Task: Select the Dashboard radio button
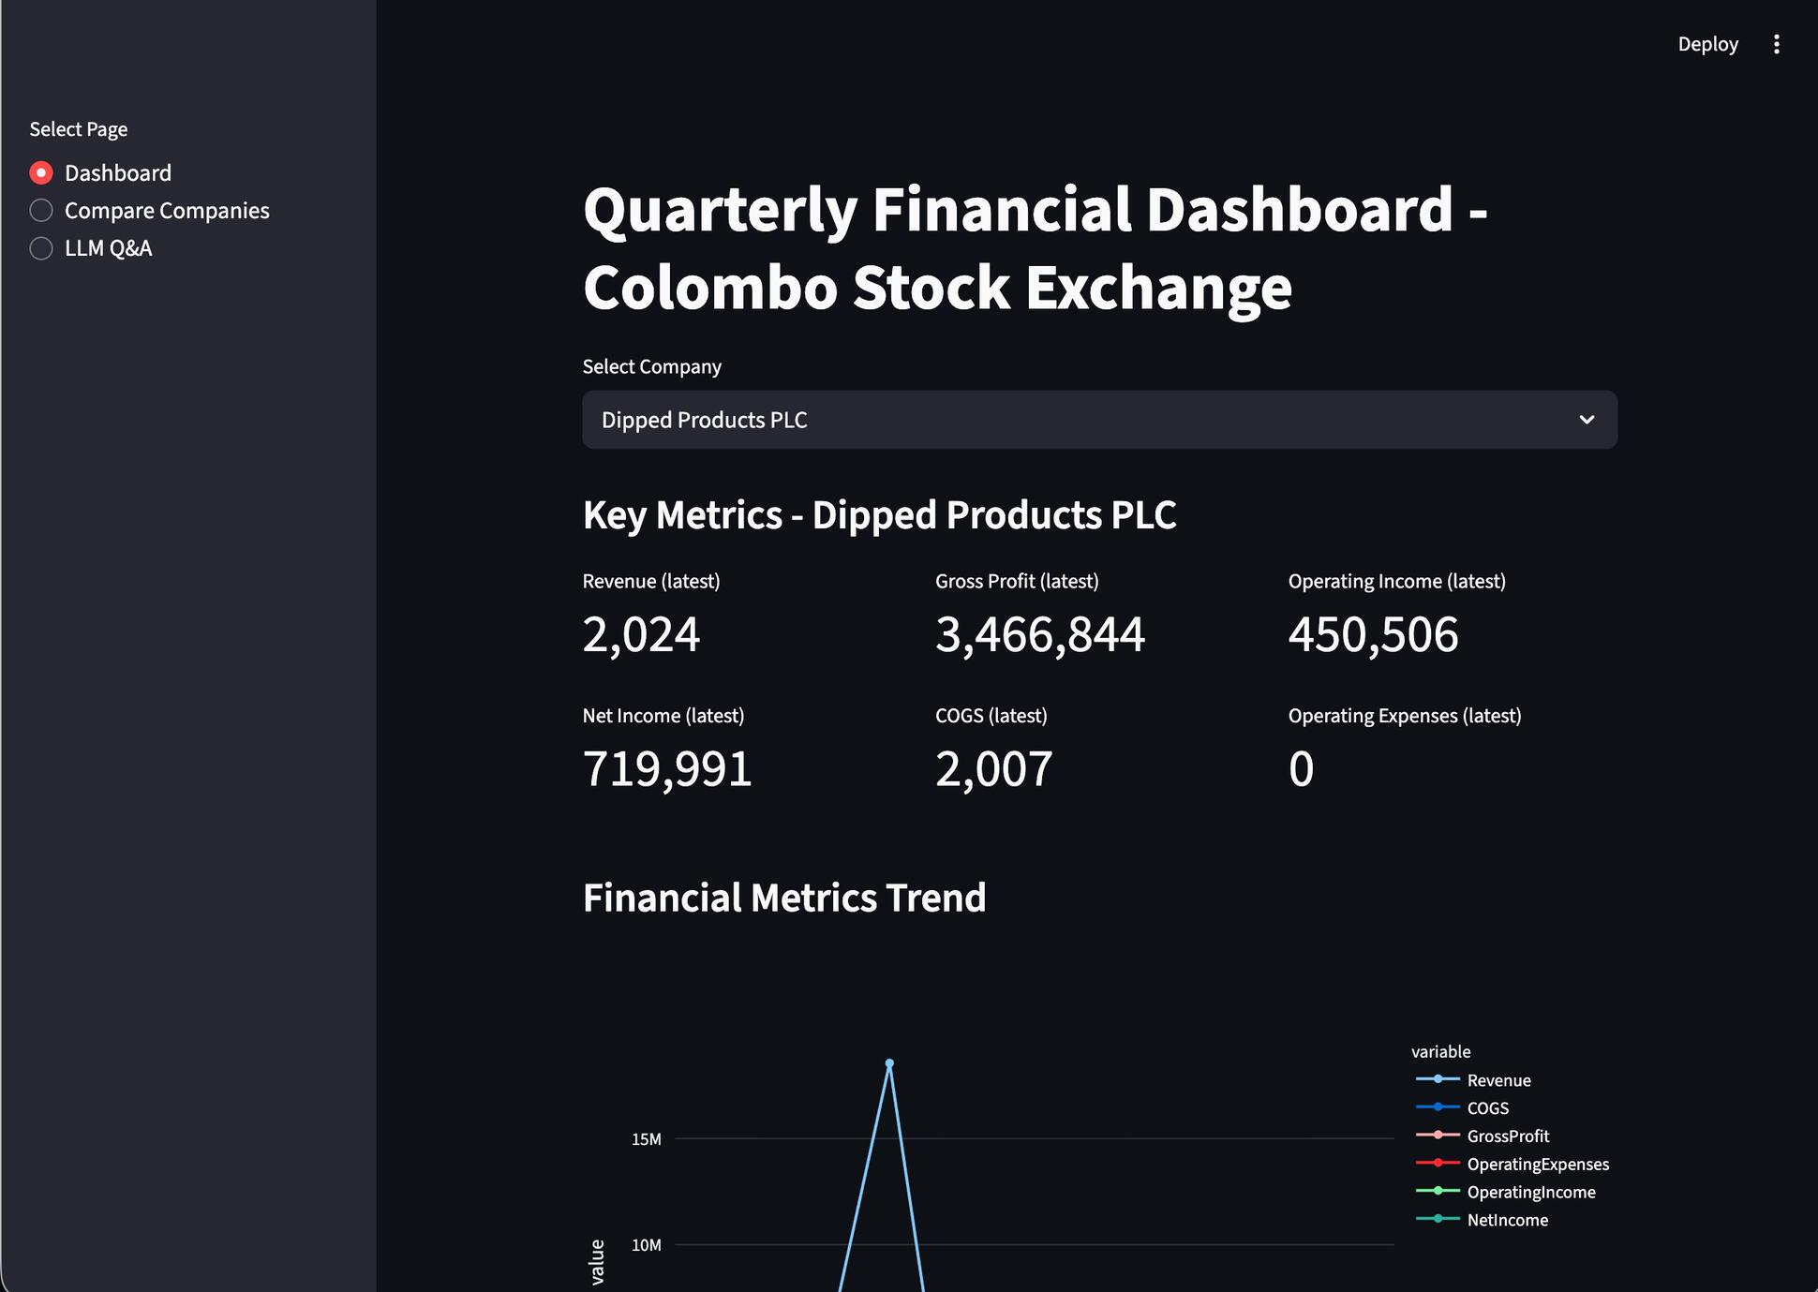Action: [41, 173]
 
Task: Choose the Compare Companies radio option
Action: [41, 211]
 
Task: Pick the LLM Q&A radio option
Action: [41, 248]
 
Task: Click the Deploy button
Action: [1707, 44]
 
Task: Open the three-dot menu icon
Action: [1776, 44]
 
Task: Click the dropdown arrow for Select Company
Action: [1587, 420]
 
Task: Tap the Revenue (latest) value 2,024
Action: [641, 634]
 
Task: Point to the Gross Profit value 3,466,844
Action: [1039, 634]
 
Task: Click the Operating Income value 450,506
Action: [1373, 634]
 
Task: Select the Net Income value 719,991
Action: [667, 769]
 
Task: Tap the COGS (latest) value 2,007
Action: [993, 769]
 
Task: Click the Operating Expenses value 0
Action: [1301, 769]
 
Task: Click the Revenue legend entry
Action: [1498, 1080]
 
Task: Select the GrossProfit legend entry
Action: [1508, 1136]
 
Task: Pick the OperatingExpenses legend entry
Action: [1537, 1165]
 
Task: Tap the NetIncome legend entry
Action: [1507, 1220]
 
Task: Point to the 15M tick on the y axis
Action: [647, 1139]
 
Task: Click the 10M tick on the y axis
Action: [647, 1245]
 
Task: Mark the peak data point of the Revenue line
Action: [889, 1063]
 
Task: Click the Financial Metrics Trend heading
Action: [784, 898]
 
